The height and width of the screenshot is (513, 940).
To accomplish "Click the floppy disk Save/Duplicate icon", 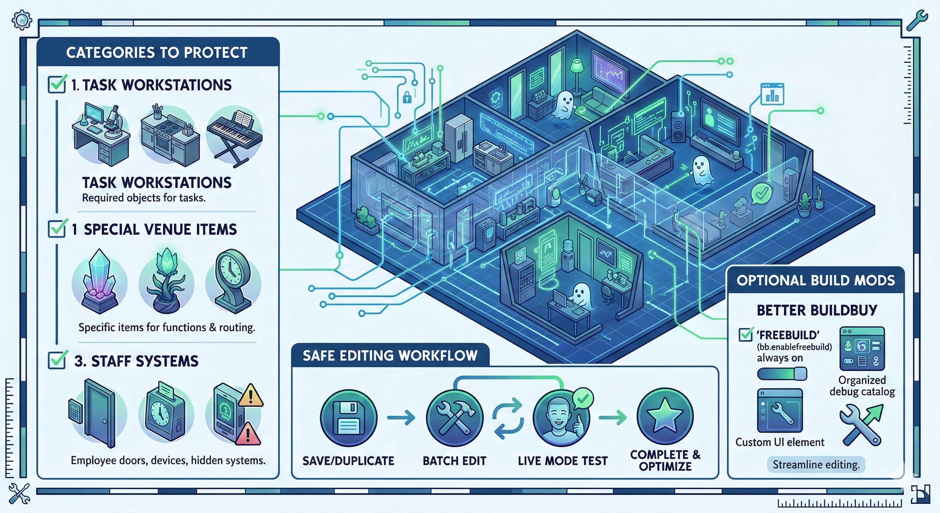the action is (x=348, y=418).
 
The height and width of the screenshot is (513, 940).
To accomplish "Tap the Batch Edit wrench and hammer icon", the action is (x=455, y=418).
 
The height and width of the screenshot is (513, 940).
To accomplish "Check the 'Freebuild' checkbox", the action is (x=745, y=334).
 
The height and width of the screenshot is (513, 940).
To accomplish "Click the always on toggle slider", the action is (x=782, y=373).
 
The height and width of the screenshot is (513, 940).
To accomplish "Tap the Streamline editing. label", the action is (x=816, y=465).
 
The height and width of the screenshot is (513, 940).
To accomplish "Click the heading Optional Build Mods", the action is (x=815, y=281).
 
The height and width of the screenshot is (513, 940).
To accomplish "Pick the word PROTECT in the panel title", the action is (x=215, y=52).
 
